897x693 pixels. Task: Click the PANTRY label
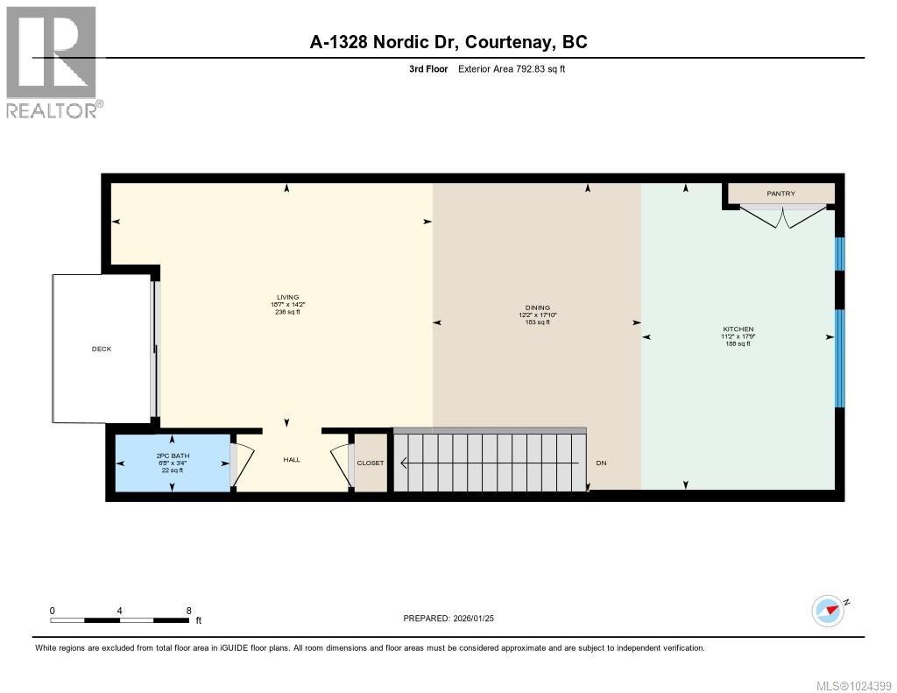click(x=780, y=193)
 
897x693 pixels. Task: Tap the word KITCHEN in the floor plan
click(x=737, y=329)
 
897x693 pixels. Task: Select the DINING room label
click(x=538, y=308)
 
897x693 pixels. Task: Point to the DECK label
click(x=102, y=349)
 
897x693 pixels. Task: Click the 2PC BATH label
click(x=173, y=456)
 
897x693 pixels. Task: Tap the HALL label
click(x=292, y=459)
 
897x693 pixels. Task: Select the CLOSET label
click(x=370, y=463)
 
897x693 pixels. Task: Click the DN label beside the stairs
click(x=601, y=463)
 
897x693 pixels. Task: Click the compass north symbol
click(x=829, y=610)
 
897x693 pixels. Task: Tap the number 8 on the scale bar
click(x=188, y=610)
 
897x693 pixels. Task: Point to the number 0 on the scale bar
click(x=53, y=610)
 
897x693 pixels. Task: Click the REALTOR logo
click(x=52, y=62)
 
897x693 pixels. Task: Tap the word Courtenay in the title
click(x=509, y=41)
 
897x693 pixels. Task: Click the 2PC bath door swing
click(x=242, y=462)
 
